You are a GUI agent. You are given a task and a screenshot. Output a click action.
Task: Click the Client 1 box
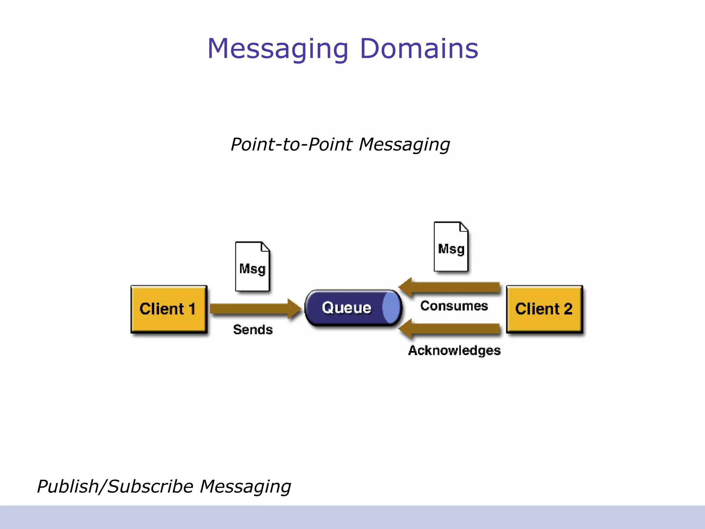point(169,309)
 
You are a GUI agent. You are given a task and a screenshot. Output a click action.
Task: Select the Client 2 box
point(544,309)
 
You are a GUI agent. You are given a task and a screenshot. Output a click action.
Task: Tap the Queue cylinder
point(348,308)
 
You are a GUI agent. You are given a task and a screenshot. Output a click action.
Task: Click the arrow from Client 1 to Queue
point(255,309)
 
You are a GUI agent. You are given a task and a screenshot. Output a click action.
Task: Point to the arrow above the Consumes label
point(451,287)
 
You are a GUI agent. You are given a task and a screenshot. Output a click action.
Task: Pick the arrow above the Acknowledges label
point(451,329)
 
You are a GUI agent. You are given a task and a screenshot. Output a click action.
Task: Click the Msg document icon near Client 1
point(252,267)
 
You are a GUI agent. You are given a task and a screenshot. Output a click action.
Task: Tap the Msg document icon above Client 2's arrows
point(451,247)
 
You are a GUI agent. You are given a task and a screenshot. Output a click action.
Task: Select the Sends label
point(253,330)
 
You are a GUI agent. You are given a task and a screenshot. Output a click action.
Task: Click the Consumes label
point(454,306)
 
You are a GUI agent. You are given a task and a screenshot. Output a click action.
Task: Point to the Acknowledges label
point(454,350)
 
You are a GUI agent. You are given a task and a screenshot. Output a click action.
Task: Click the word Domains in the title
point(419,49)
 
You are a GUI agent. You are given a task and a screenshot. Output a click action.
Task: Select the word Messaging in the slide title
point(278,49)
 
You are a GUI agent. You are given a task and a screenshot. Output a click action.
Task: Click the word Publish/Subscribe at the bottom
point(115,486)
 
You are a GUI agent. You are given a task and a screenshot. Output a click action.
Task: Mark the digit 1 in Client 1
point(191,309)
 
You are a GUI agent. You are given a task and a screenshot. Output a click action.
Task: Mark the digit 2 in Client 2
point(568,309)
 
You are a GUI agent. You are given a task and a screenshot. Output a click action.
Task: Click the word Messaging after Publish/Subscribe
point(245,487)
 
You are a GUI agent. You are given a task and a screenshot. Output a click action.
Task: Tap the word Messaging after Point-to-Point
point(404,145)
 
